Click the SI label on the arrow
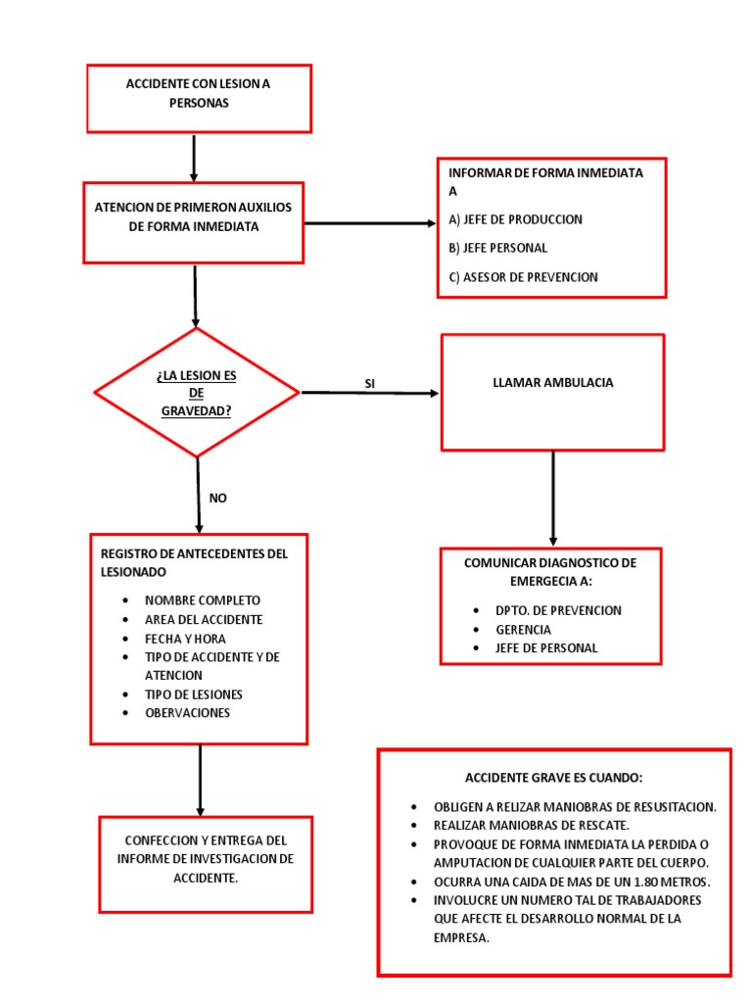369,384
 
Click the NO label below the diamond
217,499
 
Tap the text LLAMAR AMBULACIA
553,383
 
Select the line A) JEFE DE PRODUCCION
515,219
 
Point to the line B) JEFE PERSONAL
498,248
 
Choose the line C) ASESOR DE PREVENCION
523,277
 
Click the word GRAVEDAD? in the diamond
196,411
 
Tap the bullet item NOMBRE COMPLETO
203,600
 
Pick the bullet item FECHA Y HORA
185,639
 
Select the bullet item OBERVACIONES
187,713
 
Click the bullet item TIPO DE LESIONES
194,694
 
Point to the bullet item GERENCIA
523,630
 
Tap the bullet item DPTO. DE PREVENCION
558,611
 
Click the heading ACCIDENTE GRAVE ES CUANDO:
554,778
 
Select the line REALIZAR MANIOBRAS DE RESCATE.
532,826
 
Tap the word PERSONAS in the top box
199,103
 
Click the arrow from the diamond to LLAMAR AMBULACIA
369,393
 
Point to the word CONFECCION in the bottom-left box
162,840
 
